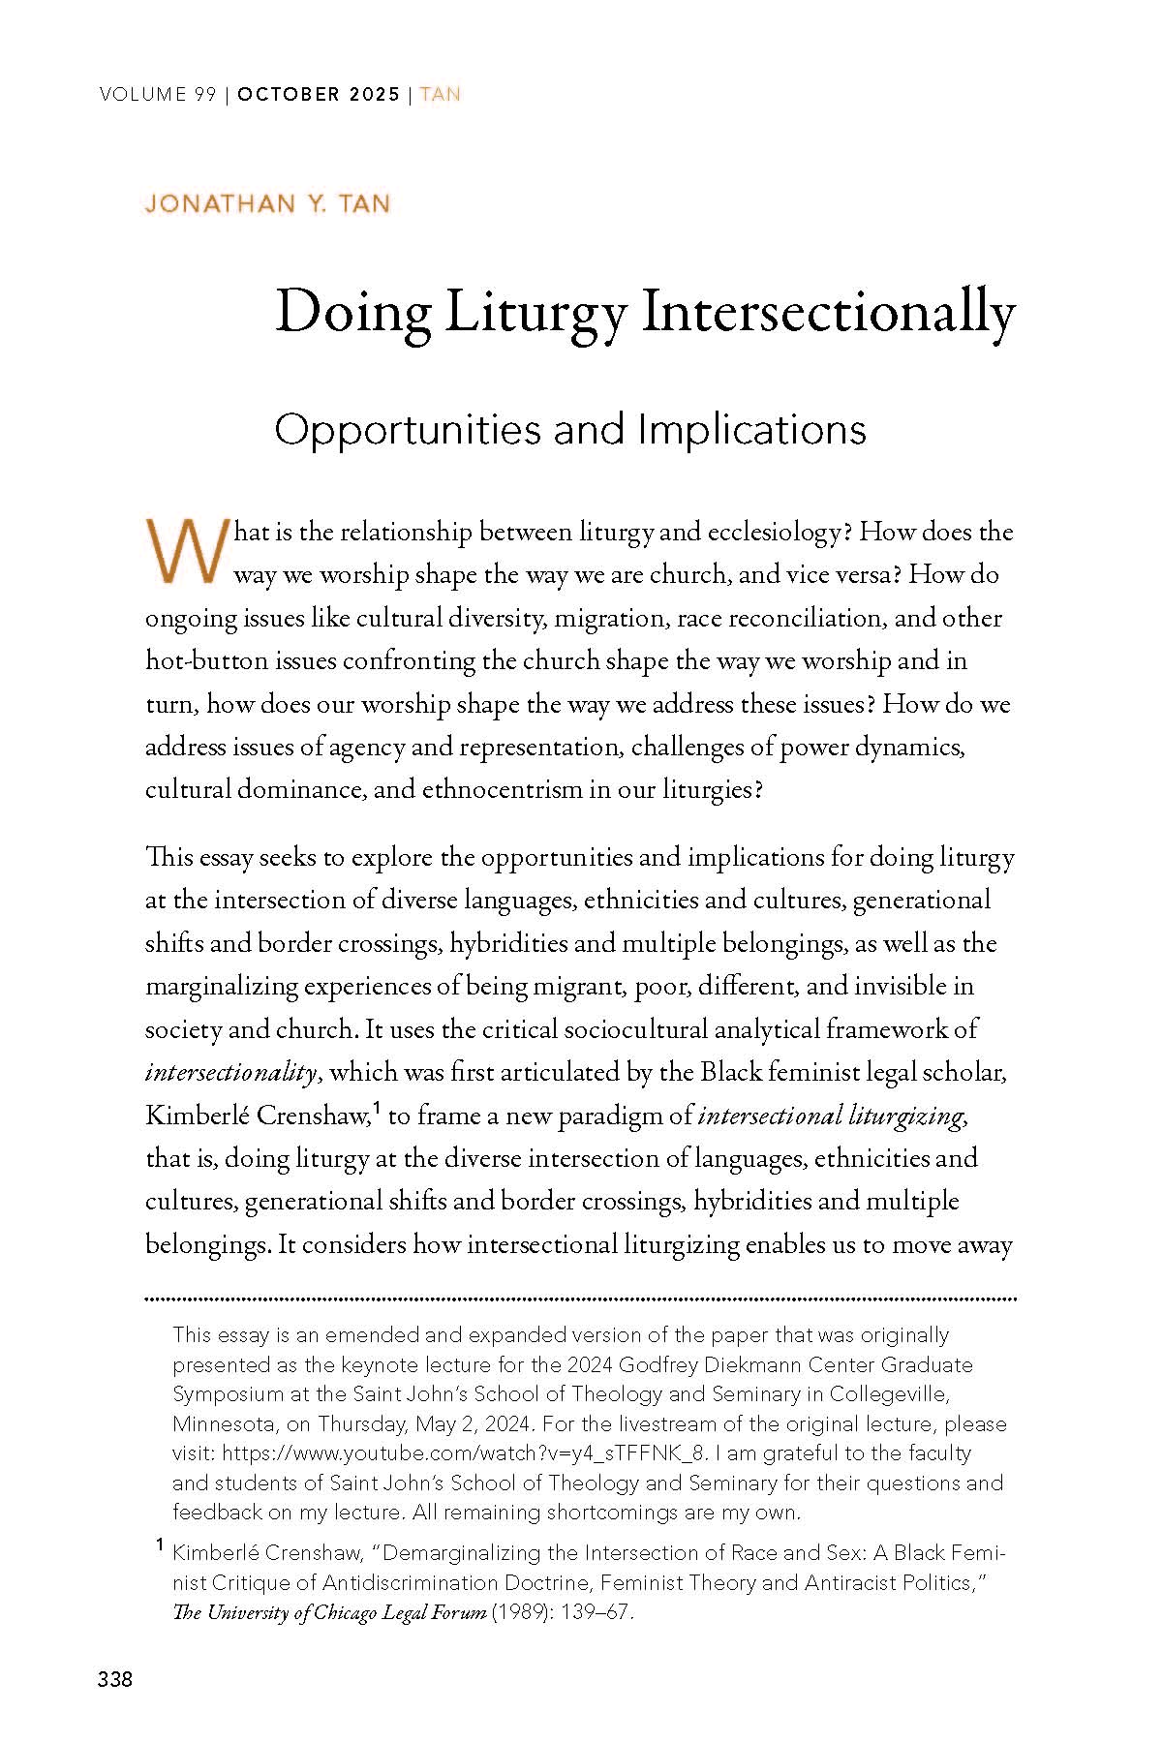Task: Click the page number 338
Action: click(115, 1679)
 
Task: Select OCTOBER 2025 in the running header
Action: click(319, 95)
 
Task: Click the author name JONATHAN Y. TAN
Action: click(267, 204)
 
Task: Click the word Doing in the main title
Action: click(352, 314)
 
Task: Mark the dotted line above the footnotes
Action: click(581, 1299)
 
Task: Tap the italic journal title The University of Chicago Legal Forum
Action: click(329, 1613)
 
